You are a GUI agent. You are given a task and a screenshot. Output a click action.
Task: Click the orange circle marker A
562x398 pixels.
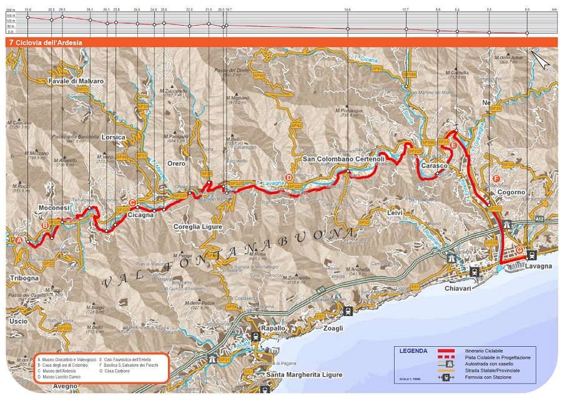(x=19, y=240)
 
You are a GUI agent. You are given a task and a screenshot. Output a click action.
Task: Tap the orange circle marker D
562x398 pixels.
(x=288, y=177)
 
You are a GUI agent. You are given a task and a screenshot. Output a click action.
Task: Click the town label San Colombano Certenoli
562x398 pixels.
(x=343, y=159)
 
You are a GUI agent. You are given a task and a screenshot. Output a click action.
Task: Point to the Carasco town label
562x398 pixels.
(x=434, y=166)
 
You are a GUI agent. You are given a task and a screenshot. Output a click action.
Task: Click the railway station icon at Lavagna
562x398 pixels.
(x=531, y=254)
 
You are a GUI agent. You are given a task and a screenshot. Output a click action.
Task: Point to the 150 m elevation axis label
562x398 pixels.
(x=11, y=15)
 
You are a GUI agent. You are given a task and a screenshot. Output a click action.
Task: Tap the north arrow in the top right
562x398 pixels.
(x=541, y=61)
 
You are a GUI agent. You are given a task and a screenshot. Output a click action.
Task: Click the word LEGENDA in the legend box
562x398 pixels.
(x=413, y=351)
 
